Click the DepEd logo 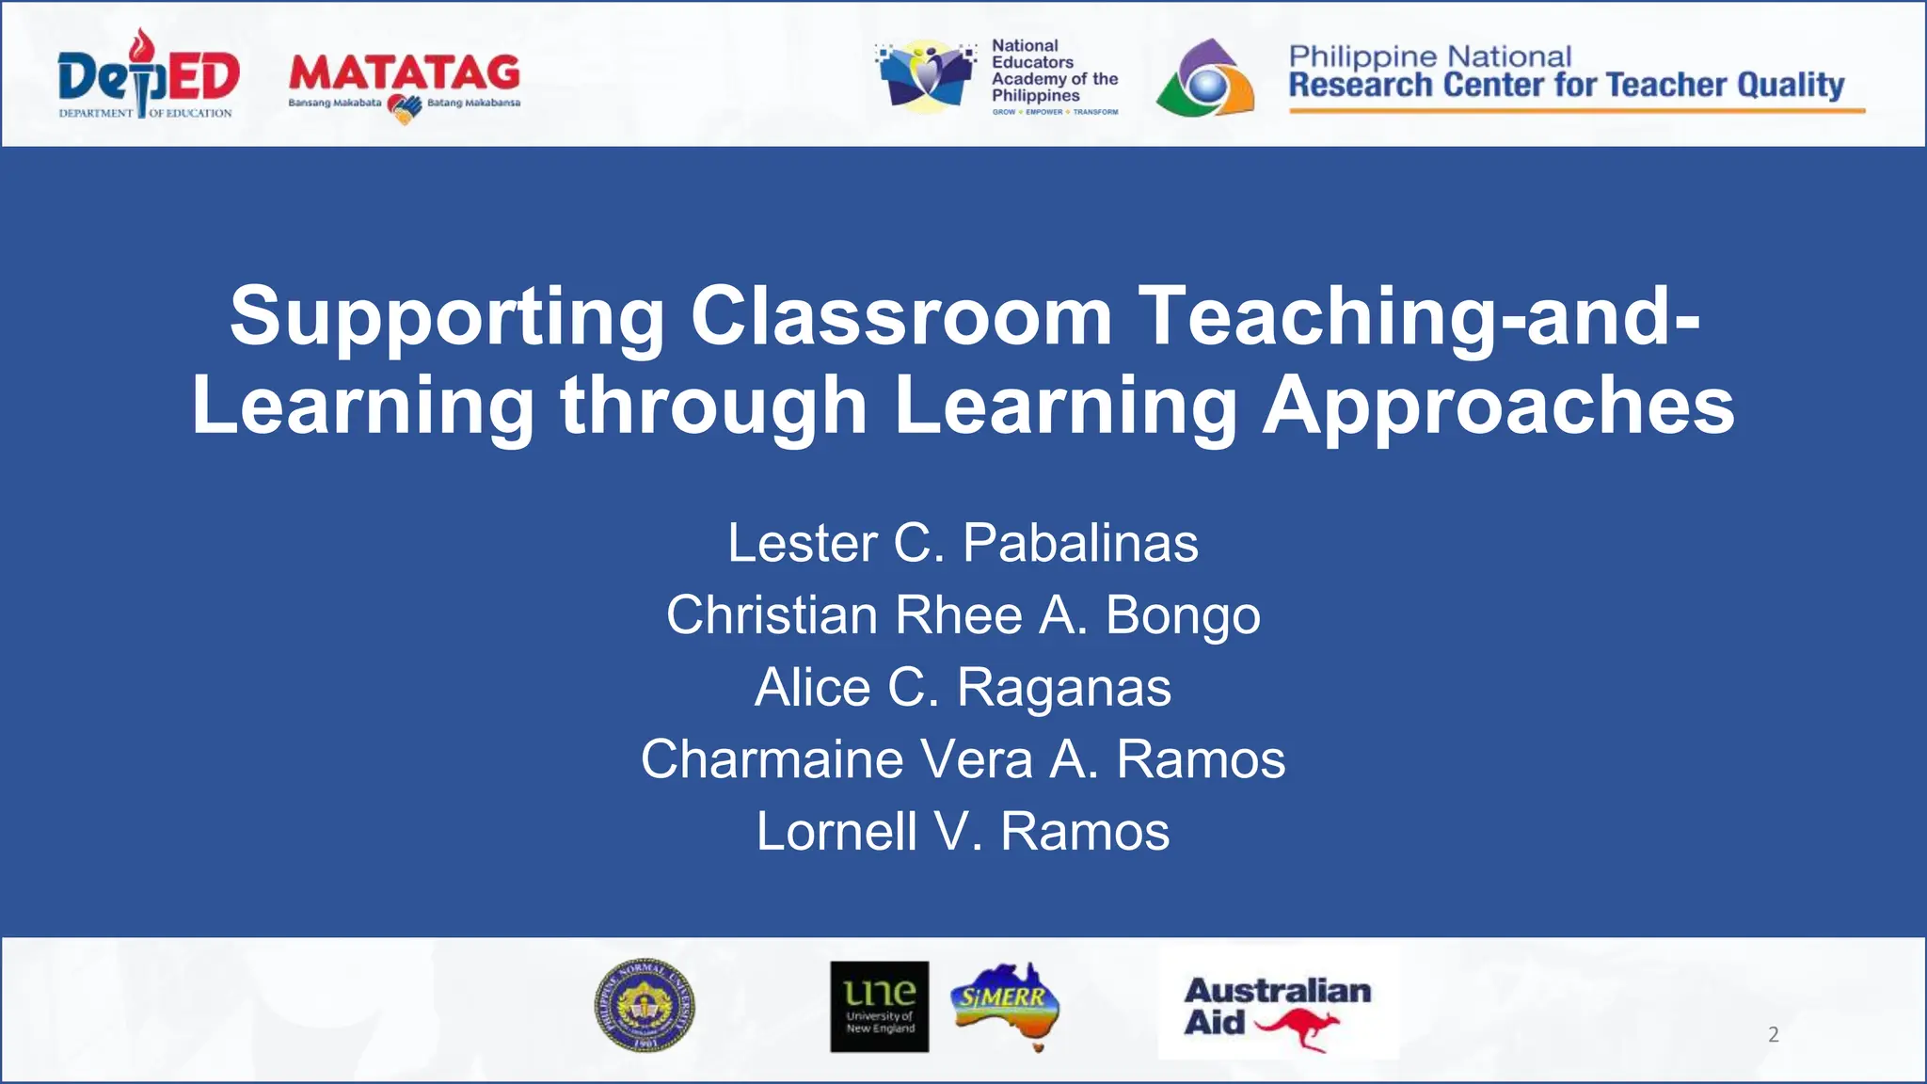[x=148, y=75]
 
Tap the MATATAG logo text [x=405, y=72]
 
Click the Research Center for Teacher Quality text [x=1566, y=86]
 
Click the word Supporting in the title [x=447, y=318]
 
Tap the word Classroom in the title [x=901, y=316]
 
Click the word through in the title [x=713, y=406]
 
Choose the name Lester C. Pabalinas [x=963, y=543]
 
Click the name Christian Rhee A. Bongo [x=963, y=615]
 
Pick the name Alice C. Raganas [x=963, y=687]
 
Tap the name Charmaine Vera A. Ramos [x=963, y=759]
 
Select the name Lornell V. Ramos [x=963, y=832]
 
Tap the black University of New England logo [x=879, y=1006]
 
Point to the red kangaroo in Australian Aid [x=1298, y=1028]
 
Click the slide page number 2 [x=1773, y=1035]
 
